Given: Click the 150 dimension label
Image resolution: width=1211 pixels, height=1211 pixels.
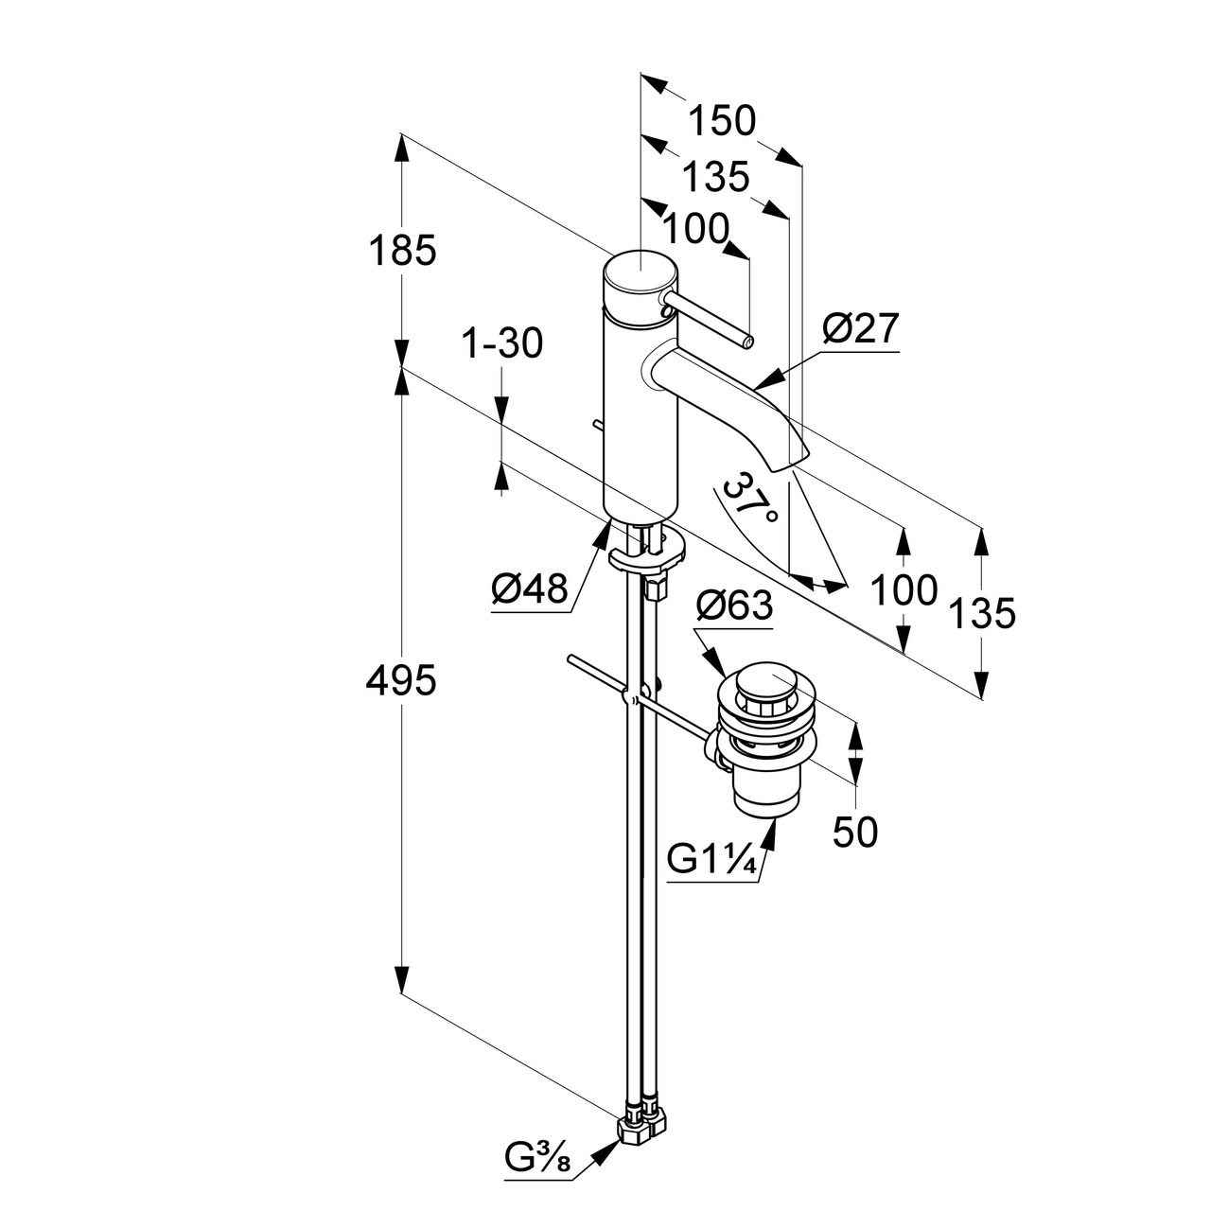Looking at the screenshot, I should point(722,121).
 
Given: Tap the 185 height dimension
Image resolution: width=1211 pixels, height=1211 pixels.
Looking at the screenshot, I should point(401,252).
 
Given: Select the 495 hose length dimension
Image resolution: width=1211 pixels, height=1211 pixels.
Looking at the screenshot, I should point(401,680).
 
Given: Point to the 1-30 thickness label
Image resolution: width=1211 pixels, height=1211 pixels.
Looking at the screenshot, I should point(502,344).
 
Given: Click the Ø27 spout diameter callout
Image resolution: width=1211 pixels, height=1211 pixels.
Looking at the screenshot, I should point(860,329).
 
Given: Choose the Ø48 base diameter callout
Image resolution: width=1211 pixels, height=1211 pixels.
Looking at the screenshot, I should point(530,590).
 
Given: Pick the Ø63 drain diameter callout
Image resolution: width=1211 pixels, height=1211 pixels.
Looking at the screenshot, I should point(734,605).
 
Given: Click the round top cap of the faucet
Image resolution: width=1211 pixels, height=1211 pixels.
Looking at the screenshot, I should point(640,275).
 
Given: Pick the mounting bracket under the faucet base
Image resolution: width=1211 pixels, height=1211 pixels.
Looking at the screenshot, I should point(647,554).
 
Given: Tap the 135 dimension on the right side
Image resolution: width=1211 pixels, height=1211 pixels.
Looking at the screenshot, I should point(982,613).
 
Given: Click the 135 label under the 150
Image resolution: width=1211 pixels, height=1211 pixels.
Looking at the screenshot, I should point(715,176).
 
